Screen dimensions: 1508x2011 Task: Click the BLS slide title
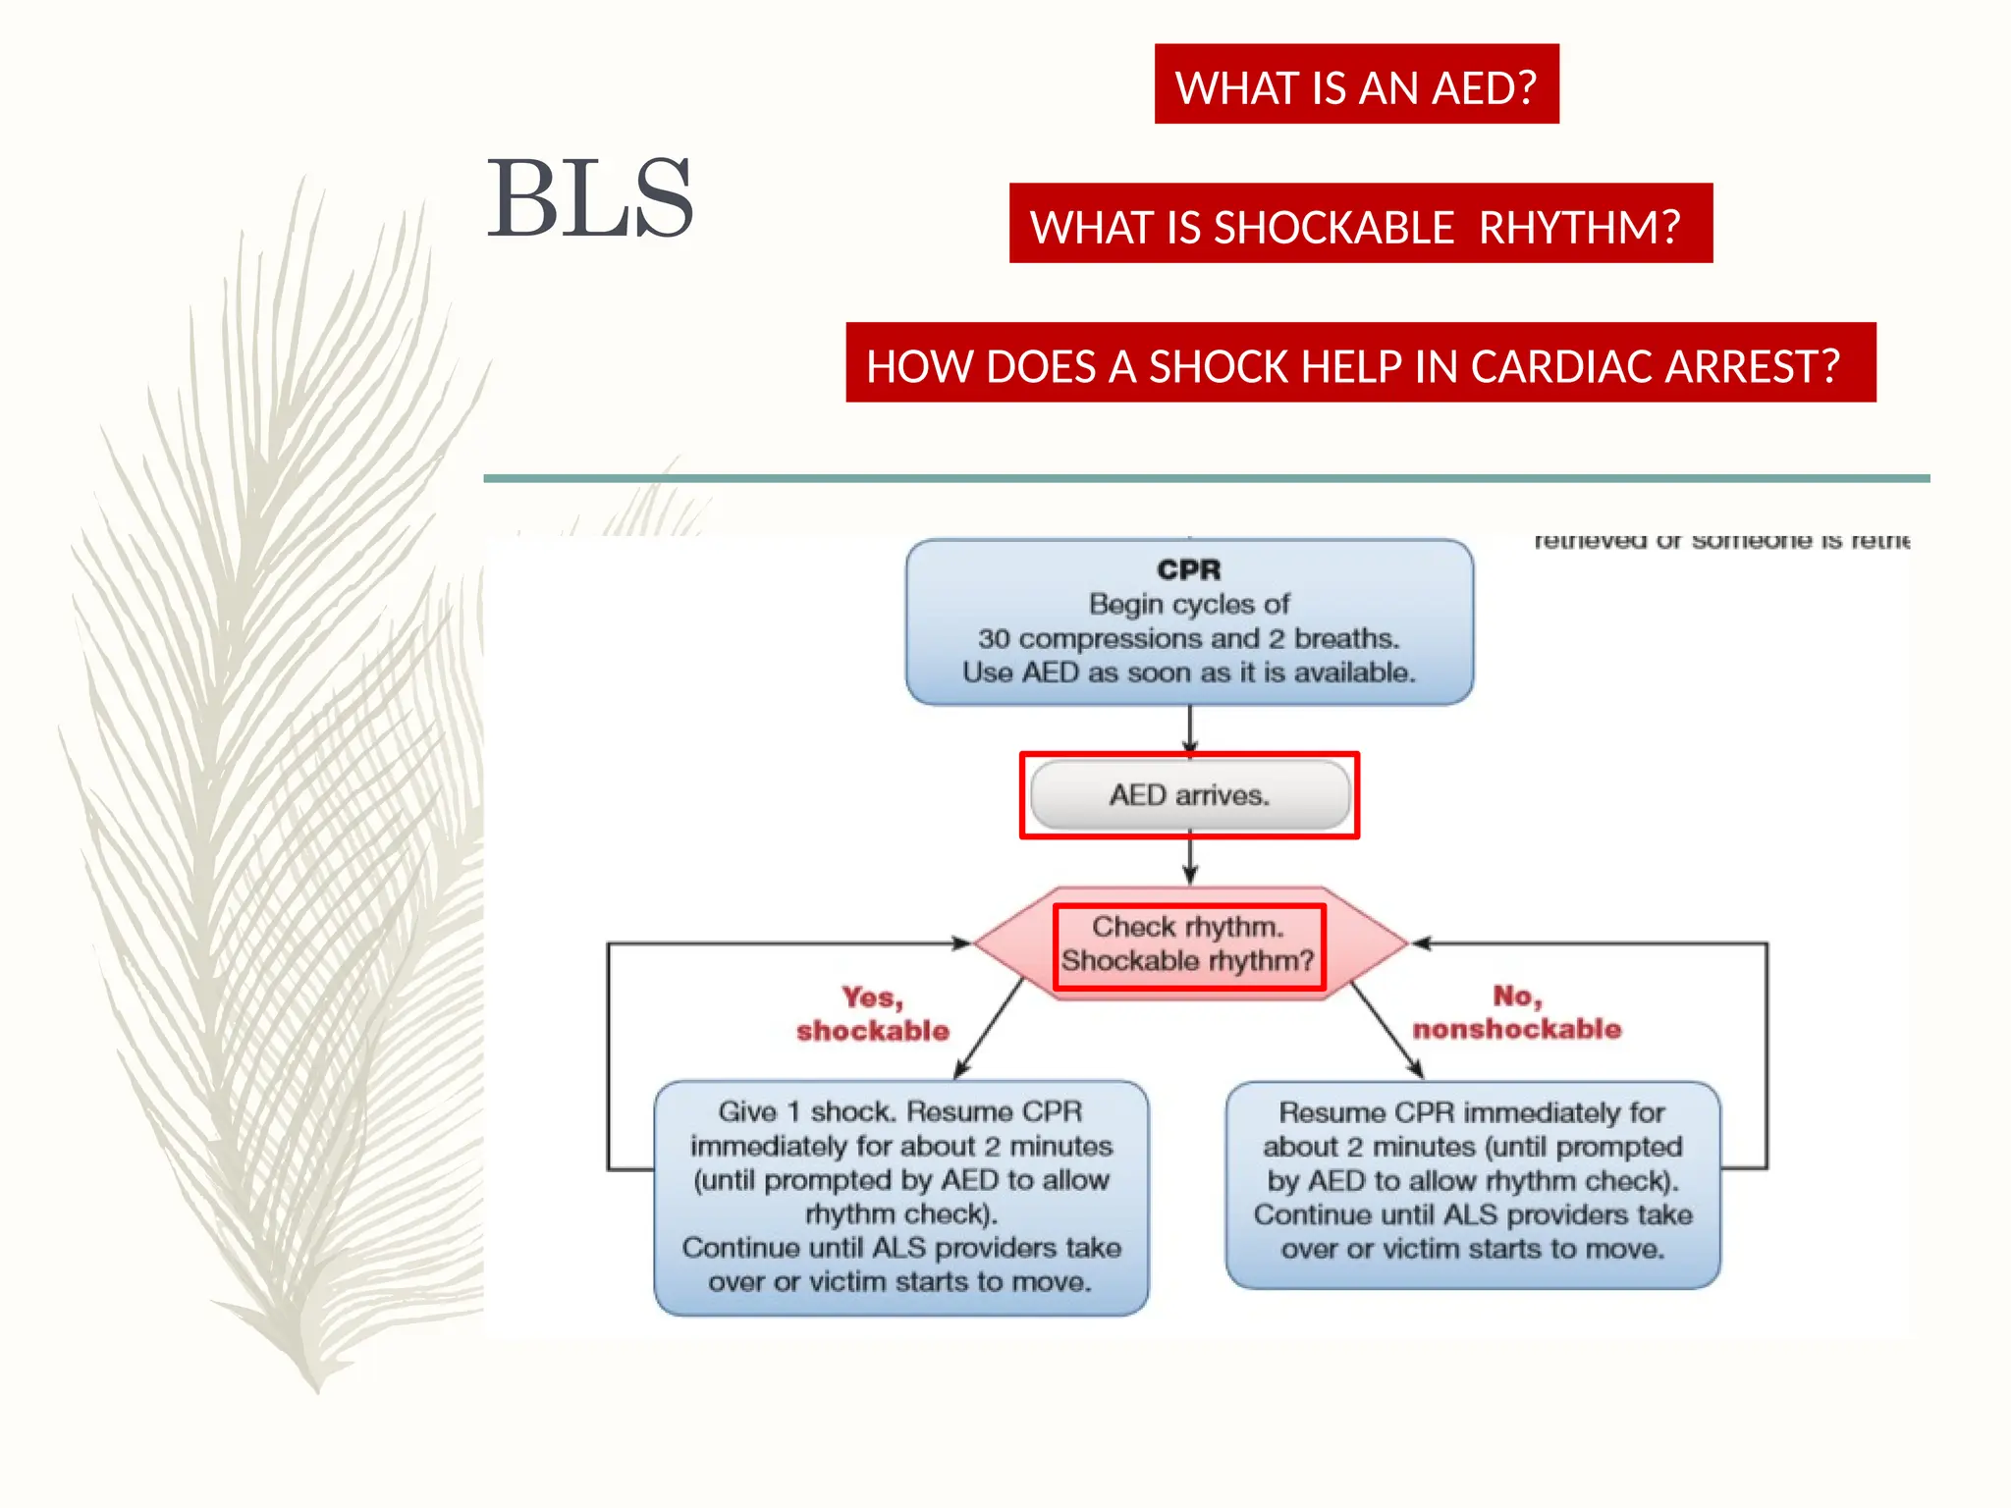click(590, 199)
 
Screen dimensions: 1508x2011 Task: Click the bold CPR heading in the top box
click(1188, 569)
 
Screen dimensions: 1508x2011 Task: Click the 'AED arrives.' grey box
click(1189, 795)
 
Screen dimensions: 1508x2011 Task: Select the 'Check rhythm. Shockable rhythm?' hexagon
click(1189, 943)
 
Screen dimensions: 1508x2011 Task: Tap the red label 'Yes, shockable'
click(872, 1013)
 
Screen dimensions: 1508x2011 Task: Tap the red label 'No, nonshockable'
click(1516, 1012)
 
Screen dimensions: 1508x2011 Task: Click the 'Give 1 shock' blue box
click(900, 1197)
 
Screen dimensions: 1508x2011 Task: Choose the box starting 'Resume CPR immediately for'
click(1472, 1182)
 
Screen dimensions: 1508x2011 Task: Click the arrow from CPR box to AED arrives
click(1190, 728)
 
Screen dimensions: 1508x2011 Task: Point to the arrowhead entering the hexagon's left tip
click(960, 943)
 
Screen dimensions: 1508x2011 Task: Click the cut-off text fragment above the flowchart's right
click(1720, 540)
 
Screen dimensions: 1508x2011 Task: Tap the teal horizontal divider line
click(1206, 478)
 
